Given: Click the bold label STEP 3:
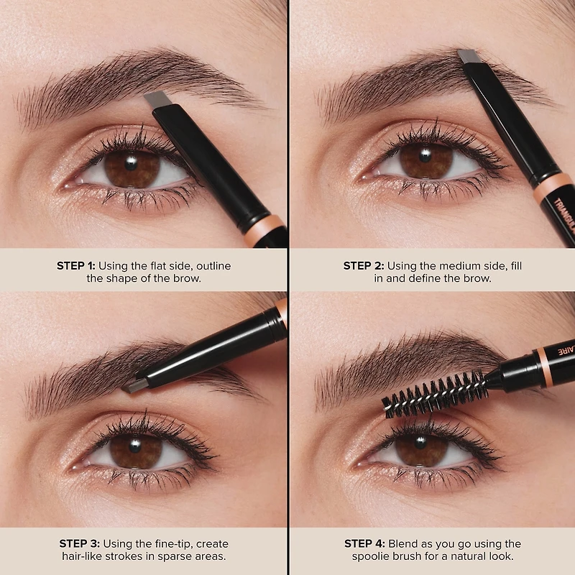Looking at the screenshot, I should pyautogui.click(x=79, y=544).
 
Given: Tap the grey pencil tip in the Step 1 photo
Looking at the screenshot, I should pyautogui.click(x=154, y=98).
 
